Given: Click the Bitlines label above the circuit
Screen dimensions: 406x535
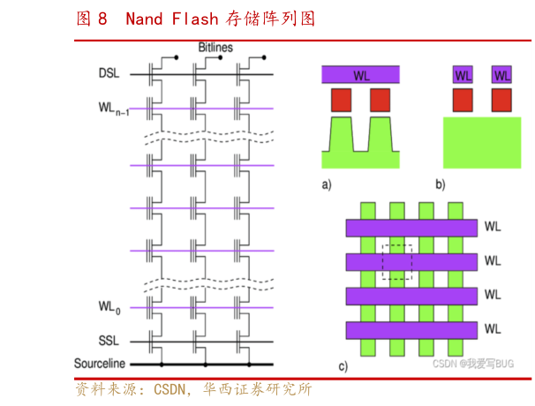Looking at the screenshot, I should [x=215, y=48].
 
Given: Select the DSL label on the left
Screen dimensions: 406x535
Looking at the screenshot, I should [x=109, y=74].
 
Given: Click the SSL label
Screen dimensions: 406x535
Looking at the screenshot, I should [x=109, y=341].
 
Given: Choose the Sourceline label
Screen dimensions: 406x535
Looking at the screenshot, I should [x=100, y=364].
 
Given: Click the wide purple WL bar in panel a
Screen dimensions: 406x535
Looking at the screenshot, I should [x=361, y=74].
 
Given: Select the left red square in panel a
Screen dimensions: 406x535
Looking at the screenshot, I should [x=342, y=100].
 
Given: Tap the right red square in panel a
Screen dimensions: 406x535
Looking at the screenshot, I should [x=381, y=100].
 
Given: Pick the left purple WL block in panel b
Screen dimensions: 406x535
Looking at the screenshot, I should [x=463, y=74].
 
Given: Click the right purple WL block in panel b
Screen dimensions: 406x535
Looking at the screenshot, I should [x=501, y=74].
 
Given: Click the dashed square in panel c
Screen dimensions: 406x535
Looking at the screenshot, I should [x=396, y=261].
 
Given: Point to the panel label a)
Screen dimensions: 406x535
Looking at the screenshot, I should [x=327, y=184].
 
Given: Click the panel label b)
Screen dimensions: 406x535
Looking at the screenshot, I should [x=440, y=184].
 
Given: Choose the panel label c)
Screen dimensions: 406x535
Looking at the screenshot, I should [x=343, y=366].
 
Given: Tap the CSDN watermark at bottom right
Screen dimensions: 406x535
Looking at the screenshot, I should [x=472, y=363].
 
